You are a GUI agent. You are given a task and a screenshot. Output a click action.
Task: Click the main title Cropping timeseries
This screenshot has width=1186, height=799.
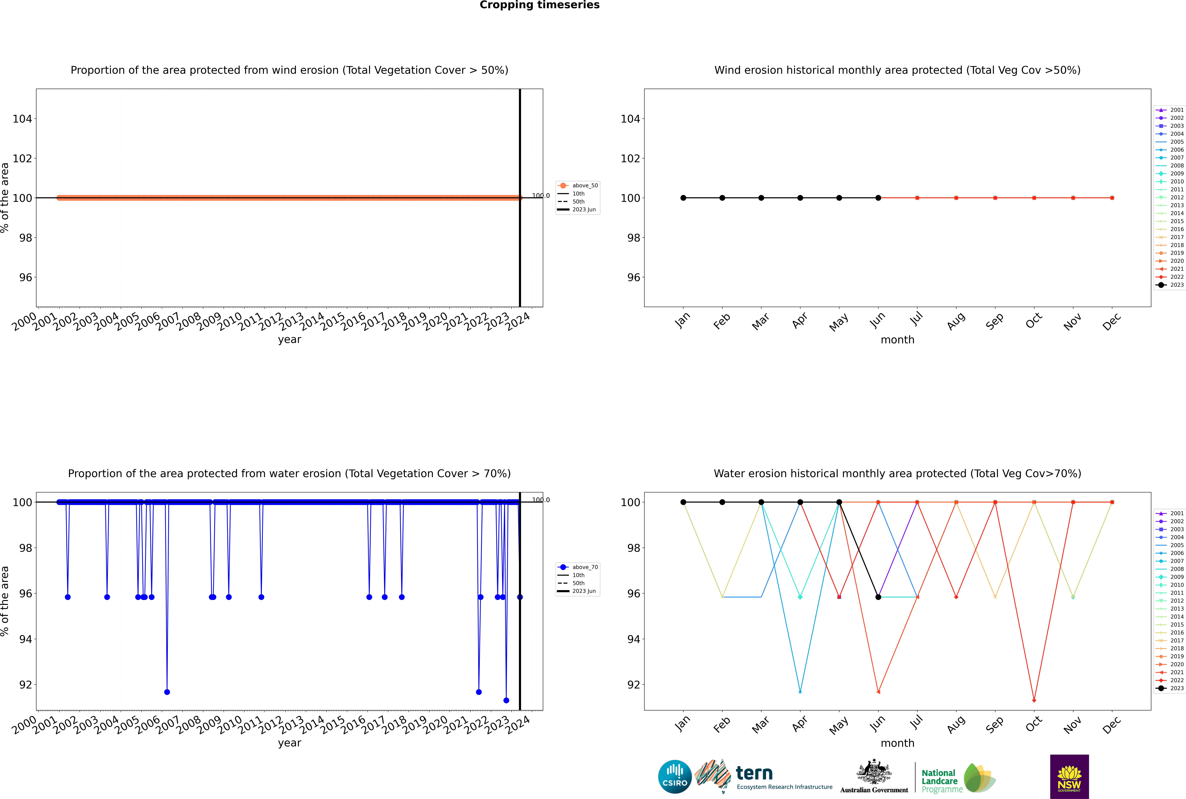click(x=539, y=5)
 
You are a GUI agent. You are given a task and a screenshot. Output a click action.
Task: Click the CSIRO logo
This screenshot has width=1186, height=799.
click(x=675, y=777)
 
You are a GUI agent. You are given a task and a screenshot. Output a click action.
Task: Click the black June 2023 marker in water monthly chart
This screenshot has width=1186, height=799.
click(x=878, y=597)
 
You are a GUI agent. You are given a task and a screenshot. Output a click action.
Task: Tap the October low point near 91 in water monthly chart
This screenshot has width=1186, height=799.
click(x=1034, y=700)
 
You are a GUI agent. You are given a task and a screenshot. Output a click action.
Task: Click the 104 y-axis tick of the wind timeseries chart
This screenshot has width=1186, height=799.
click(x=22, y=119)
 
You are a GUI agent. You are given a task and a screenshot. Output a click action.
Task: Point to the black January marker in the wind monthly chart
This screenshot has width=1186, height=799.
click(x=683, y=198)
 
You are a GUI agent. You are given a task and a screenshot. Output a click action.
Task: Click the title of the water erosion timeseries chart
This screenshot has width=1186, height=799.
click(x=289, y=473)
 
